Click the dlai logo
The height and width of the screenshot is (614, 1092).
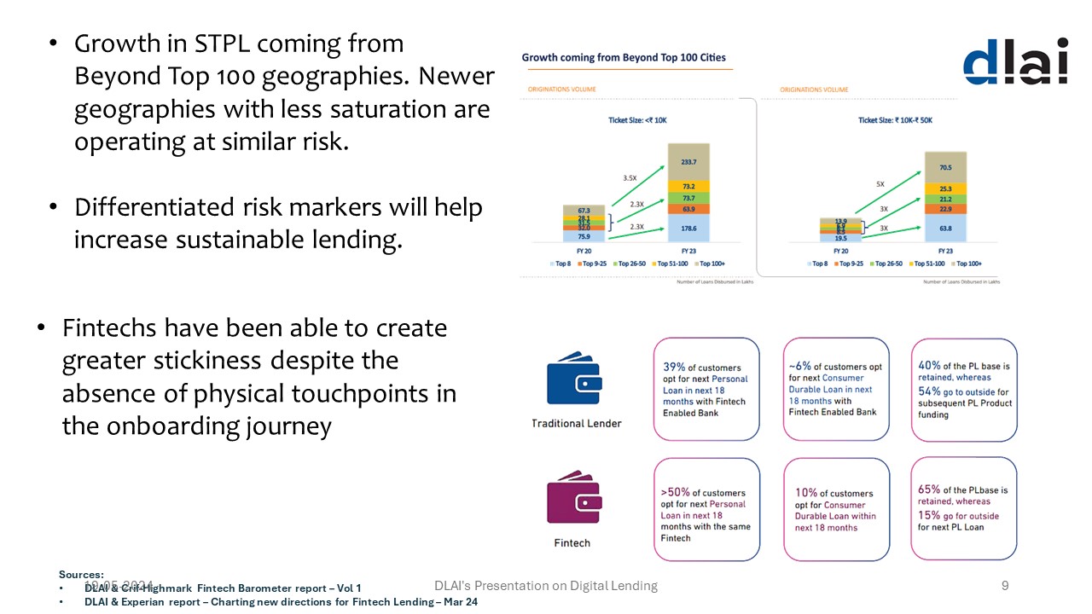pos(1014,61)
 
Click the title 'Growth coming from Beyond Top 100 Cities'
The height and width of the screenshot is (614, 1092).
pos(624,58)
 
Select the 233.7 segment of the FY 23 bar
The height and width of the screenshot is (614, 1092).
pos(688,161)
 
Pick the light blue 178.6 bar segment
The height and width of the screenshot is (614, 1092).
pos(688,229)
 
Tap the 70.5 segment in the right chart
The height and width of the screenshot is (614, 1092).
pos(945,167)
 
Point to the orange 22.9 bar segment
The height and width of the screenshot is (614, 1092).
pos(945,208)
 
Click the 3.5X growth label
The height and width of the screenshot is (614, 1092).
pos(630,179)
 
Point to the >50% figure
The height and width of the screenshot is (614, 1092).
pos(676,492)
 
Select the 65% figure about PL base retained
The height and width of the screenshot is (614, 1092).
pos(929,489)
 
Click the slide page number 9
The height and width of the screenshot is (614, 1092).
pos(1005,585)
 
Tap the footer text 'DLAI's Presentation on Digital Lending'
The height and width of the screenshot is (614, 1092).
pos(546,585)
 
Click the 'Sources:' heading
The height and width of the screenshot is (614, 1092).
pos(81,575)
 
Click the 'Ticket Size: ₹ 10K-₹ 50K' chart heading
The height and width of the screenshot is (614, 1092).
pos(895,120)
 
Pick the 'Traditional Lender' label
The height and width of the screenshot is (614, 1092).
pos(577,424)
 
